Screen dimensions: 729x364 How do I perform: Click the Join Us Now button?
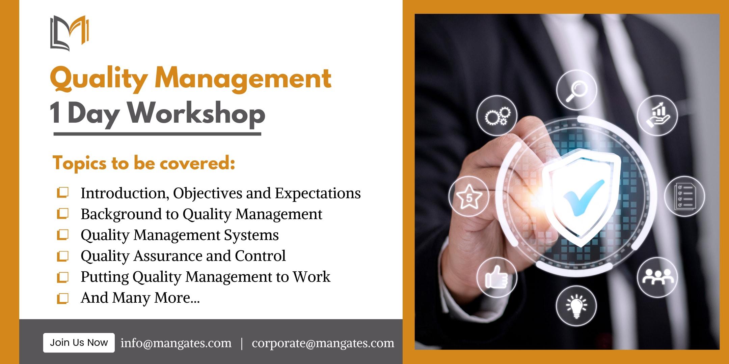(x=79, y=343)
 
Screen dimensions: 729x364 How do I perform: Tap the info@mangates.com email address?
(x=176, y=343)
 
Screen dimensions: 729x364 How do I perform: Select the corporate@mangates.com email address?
(x=323, y=343)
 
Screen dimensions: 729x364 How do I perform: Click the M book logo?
(x=70, y=33)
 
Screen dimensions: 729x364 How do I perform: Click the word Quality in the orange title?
(x=99, y=79)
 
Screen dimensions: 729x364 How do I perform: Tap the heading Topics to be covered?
(x=144, y=163)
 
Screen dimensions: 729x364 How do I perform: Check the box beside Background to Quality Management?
(x=63, y=214)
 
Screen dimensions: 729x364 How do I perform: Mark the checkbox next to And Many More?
(x=63, y=298)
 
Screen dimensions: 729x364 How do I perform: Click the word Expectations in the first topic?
(x=318, y=193)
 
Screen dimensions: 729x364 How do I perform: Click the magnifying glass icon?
(x=576, y=90)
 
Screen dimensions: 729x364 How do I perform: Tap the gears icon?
(x=497, y=116)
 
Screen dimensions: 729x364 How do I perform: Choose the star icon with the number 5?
(x=469, y=196)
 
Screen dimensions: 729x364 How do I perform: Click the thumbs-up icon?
(x=497, y=277)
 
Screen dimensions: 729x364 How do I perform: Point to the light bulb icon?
(x=576, y=306)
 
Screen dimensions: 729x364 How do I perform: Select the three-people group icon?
(x=657, y=277)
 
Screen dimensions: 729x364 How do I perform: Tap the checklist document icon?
(x=684, y=196)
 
